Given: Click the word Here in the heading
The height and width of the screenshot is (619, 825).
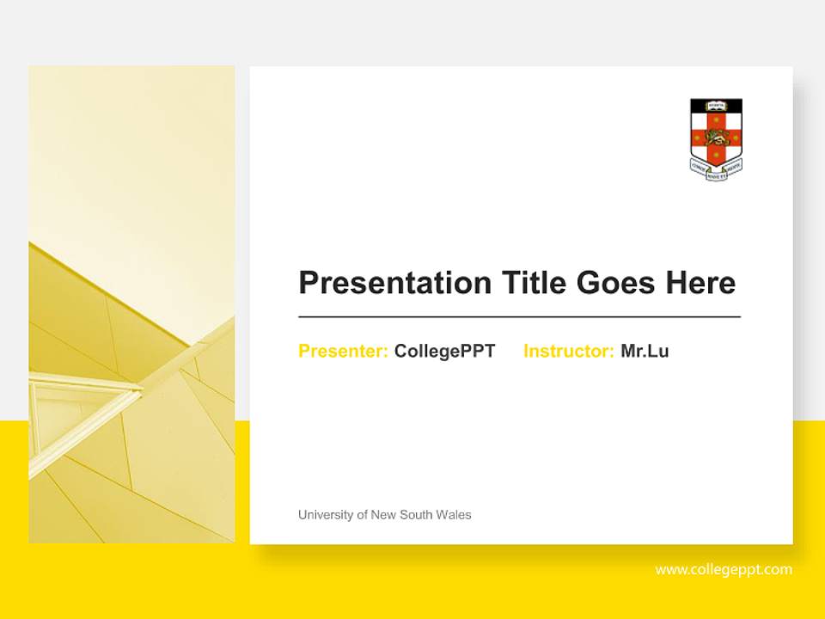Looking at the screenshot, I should point(700,283).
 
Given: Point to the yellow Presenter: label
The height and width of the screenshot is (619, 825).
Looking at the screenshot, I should point(343,351).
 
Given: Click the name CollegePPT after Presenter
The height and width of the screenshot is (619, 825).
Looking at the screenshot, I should point(444,351).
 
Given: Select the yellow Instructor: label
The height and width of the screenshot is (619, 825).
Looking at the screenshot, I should point(568,351).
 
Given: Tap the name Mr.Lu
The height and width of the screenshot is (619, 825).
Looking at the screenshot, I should point(645,351).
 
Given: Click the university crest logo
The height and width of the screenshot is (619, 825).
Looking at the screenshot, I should point(716,138).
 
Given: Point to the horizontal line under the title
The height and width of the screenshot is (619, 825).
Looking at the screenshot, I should point(519,317).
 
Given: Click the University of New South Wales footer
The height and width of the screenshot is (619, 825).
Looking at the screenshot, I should point(384,515).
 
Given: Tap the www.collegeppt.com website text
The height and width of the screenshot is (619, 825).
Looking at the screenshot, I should point(724,569).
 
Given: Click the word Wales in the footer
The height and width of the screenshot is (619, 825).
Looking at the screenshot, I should point(455,515).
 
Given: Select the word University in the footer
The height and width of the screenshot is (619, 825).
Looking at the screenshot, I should point(324,515).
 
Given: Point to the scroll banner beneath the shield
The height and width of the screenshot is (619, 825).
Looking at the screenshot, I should point(716,170).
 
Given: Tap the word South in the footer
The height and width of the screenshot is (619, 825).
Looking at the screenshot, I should point(419,515).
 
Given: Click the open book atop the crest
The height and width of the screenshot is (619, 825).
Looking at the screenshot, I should point(716,106).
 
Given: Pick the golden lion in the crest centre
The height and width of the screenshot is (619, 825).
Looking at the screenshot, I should point(716,136).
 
